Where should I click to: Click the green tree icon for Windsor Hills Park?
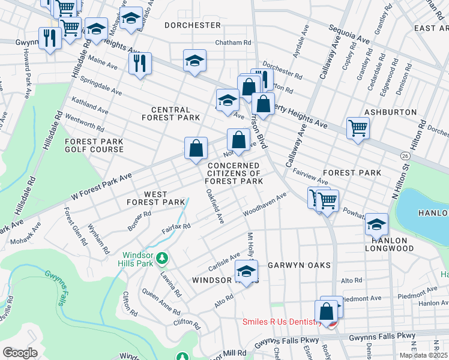(161, 258)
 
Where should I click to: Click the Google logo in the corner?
(20, 352)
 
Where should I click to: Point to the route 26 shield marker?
(406, 155)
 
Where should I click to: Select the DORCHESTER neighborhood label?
(192, 25)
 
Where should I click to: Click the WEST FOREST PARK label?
(155, 198)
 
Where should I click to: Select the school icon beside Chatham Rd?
(194, 60)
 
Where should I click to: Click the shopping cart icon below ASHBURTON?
(357, 127)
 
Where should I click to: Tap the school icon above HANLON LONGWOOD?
(376, 224)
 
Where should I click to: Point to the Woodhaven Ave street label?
(265, 205)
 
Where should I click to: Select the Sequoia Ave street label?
(348, 34)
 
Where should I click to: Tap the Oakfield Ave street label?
(214, 207)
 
